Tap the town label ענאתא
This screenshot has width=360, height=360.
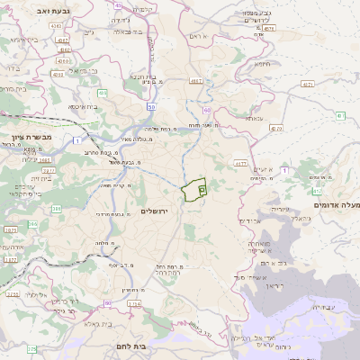pyautogui.click(x=255, y=118)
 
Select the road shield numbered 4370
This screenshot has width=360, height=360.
pyautogui.click(x=275, y=128)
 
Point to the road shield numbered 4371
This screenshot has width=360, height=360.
pyautogui.click(x=308, y=84)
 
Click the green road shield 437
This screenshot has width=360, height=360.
pyautogui.click(x=340, y=116)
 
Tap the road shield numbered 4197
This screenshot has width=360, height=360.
pyautogui.click(x=195, y=81)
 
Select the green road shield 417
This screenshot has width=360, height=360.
pyautogui.click(x=317, y=191)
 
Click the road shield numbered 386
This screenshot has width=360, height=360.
pyautogui.click(x=56, y=209)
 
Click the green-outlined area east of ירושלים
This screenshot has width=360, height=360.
pyautogui.click(x=193, y=191)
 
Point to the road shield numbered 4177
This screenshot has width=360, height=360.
pyautogui.click(x=240, y=164)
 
